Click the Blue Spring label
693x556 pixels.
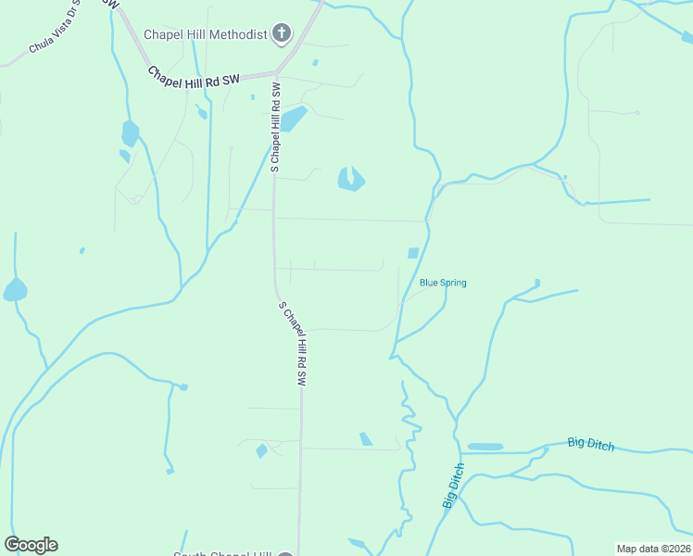[x=443, y=283]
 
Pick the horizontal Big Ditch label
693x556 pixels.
[x=590, y=444]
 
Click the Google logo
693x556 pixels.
[x=31, y=545]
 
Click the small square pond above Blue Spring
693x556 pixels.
[x=413, y=253]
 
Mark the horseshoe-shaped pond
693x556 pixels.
[x=350, y=179]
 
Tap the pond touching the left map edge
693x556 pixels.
[x=14, y=290]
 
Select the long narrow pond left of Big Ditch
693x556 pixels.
[x=485, y=447]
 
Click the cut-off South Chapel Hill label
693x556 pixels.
[x=222, y=553]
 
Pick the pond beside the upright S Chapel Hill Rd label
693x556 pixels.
[x=294, y=119]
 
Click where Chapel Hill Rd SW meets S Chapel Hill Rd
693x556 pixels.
[x=276, y=73]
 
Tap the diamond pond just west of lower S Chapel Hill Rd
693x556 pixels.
[x=261, y=451]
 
